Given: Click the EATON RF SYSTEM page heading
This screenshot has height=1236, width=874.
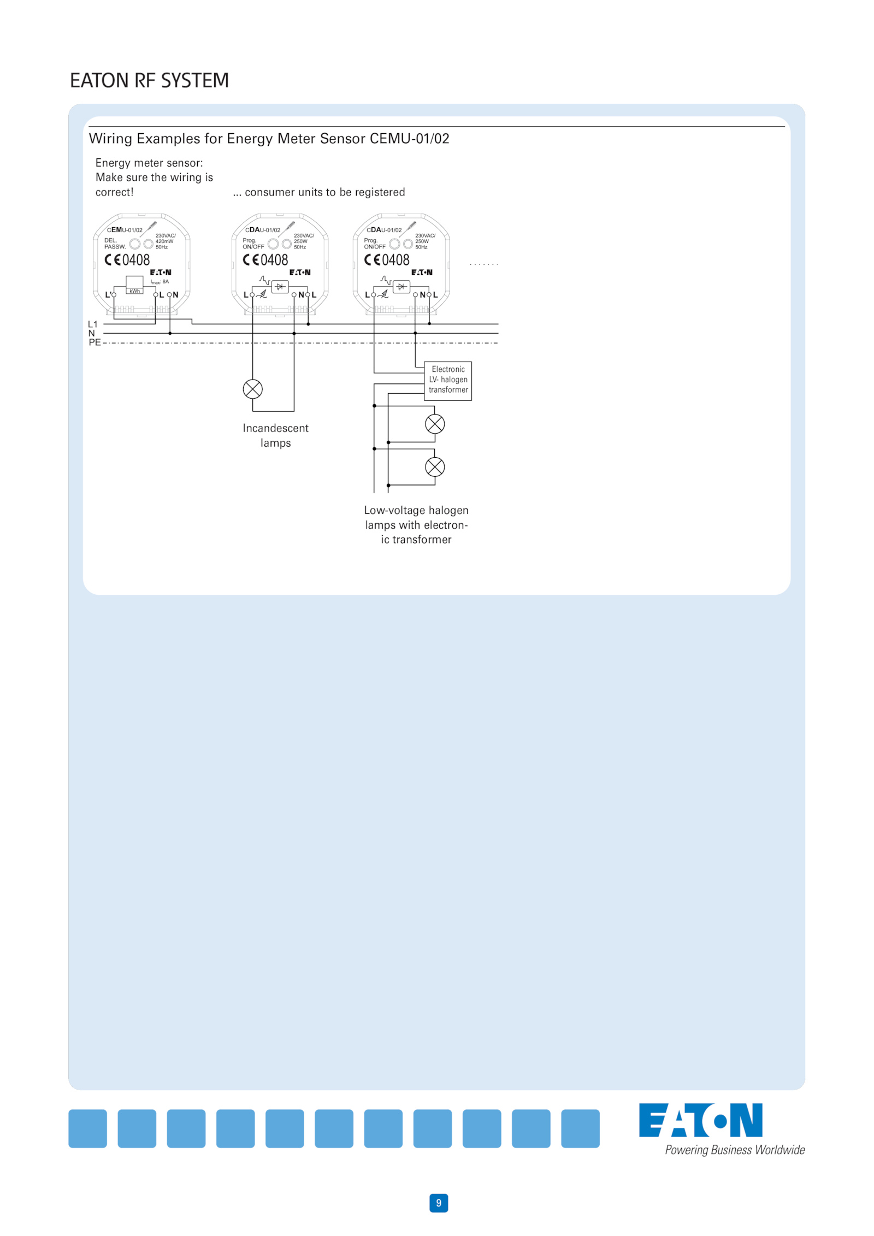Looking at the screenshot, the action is [149, 80].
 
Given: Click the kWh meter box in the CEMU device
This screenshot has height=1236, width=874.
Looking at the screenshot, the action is [134, 284].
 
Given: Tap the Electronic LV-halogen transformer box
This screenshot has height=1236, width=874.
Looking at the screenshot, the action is [448, 381].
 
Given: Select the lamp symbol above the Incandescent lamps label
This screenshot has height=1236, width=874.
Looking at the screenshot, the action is [252, 389].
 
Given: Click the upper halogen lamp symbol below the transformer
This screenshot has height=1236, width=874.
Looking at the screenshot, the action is [435, 424].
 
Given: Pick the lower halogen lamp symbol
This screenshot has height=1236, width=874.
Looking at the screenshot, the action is [435, 467].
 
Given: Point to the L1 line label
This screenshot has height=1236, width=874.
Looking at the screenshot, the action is [92, 324].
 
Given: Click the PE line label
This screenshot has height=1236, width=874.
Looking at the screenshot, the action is [95, 342].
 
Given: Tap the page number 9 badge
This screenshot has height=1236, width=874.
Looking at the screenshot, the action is [439, 1203].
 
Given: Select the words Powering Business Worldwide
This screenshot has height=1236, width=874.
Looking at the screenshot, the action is [735, 1150].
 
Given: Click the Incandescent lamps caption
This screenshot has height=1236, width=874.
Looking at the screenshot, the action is [275, 435].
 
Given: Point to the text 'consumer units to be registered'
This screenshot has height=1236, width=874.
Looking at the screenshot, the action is [325, 192].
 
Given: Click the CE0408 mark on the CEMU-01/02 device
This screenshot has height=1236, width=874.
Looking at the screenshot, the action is [127, 260].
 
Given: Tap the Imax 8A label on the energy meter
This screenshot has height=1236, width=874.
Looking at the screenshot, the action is [160, 282].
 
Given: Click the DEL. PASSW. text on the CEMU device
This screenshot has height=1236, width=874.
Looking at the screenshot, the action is [115, 244].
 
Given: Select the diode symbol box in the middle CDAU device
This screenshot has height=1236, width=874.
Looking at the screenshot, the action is [280, 286].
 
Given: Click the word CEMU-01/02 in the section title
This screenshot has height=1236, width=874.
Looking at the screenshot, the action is [410, 139].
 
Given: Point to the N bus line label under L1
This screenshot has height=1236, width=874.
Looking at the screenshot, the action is [91, 333].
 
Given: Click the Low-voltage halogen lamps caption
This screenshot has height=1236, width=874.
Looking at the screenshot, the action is [416, 525].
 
